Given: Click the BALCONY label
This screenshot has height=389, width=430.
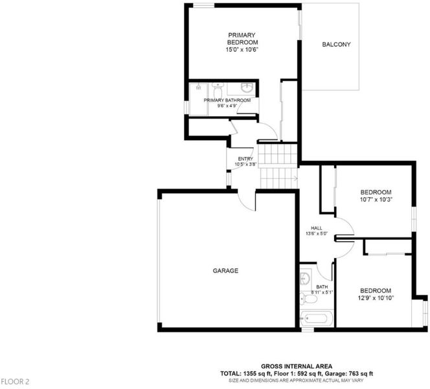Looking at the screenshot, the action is click(336, 45).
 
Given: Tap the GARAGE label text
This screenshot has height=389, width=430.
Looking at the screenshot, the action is click(225, 271).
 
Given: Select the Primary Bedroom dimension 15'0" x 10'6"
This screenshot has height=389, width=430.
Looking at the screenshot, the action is click(242, 50).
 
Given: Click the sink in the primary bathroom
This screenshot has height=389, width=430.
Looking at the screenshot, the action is click(247, 88).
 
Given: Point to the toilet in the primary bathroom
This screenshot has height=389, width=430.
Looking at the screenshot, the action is click(218, 90).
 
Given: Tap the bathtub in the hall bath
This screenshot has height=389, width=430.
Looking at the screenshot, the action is click(317, 318).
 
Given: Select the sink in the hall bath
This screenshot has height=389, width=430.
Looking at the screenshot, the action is click(305, 277).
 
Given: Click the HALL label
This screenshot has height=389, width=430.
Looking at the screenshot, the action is click(317, 228).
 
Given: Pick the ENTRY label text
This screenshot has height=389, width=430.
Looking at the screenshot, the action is click(245, 159).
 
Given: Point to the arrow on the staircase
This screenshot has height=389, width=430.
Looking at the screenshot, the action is click(295, 179).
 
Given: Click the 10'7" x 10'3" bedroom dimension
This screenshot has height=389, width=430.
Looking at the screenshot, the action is click(376, 200).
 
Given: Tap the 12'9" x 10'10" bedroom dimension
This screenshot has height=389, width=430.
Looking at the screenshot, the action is click(376, 298).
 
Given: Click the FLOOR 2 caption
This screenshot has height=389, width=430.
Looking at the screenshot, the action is click(15, 382).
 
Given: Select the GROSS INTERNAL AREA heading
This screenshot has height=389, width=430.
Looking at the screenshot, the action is click(297, 366).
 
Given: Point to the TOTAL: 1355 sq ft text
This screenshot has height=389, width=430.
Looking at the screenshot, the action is click(246, 373).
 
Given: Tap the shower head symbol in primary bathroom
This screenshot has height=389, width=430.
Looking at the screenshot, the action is click(199, 87).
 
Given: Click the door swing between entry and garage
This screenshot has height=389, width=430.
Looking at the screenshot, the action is click(246, 201).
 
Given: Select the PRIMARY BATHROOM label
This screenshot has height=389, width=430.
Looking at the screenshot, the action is click(227, 100).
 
